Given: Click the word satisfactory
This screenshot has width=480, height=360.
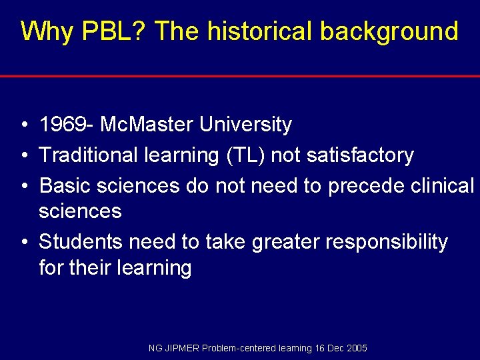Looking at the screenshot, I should [360, 155].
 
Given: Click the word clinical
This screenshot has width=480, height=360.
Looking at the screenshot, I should [441, 185].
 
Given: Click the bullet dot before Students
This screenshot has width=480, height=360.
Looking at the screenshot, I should [23, 243].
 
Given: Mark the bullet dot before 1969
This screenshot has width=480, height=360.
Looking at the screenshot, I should [23, 125].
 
